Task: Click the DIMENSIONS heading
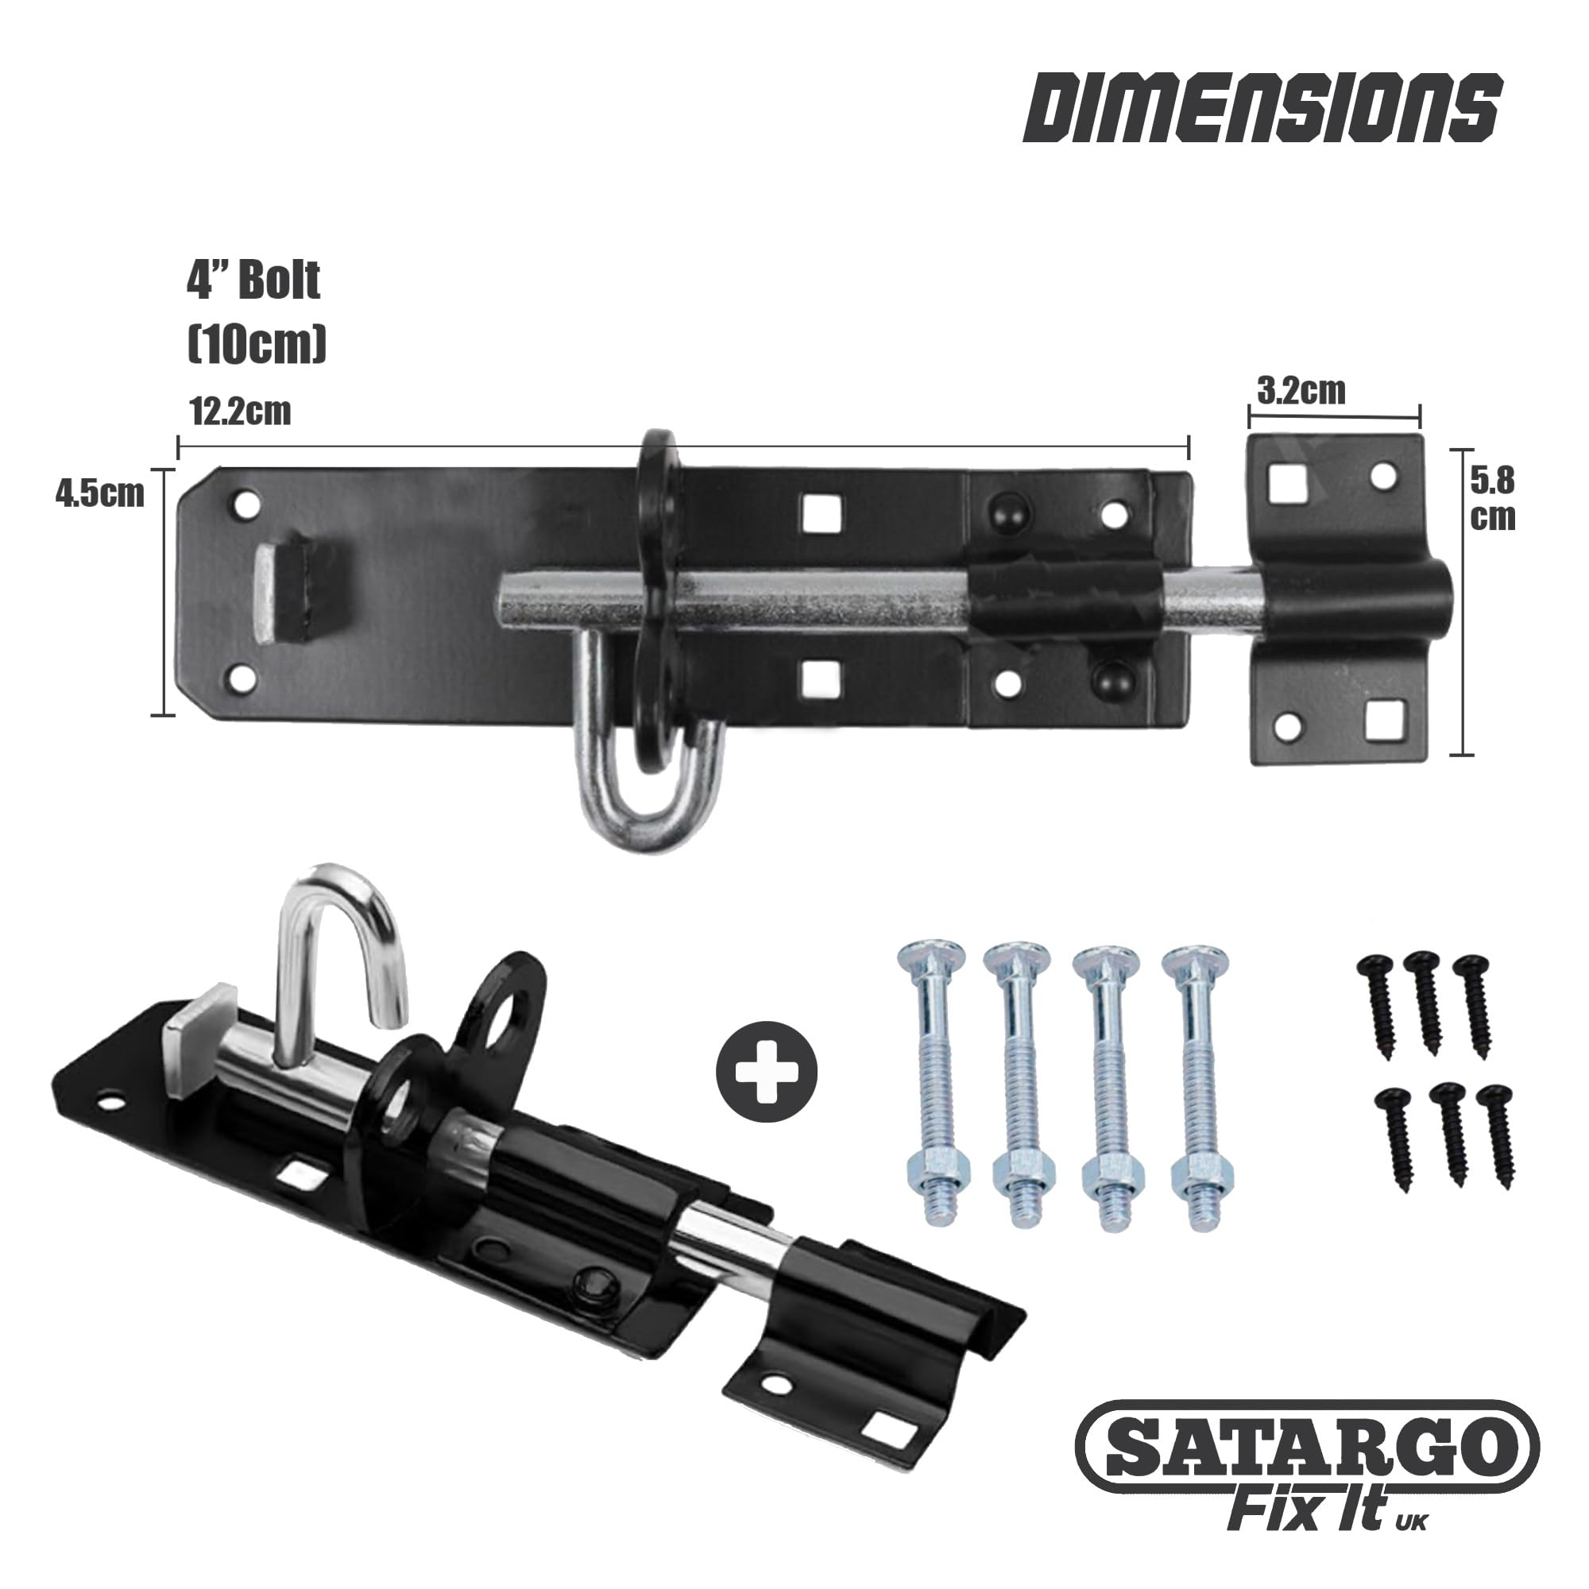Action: click(x=1262, y=118)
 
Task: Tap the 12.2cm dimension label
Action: click(x=241, y=412)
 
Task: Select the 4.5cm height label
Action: click(x=99, y=493)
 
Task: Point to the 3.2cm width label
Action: click(x=1301, y=392)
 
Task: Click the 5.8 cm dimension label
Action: click(x=1492, y=499)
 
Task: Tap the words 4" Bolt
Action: click(x=253, y=281)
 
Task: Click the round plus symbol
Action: click(x=767, y=1071)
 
